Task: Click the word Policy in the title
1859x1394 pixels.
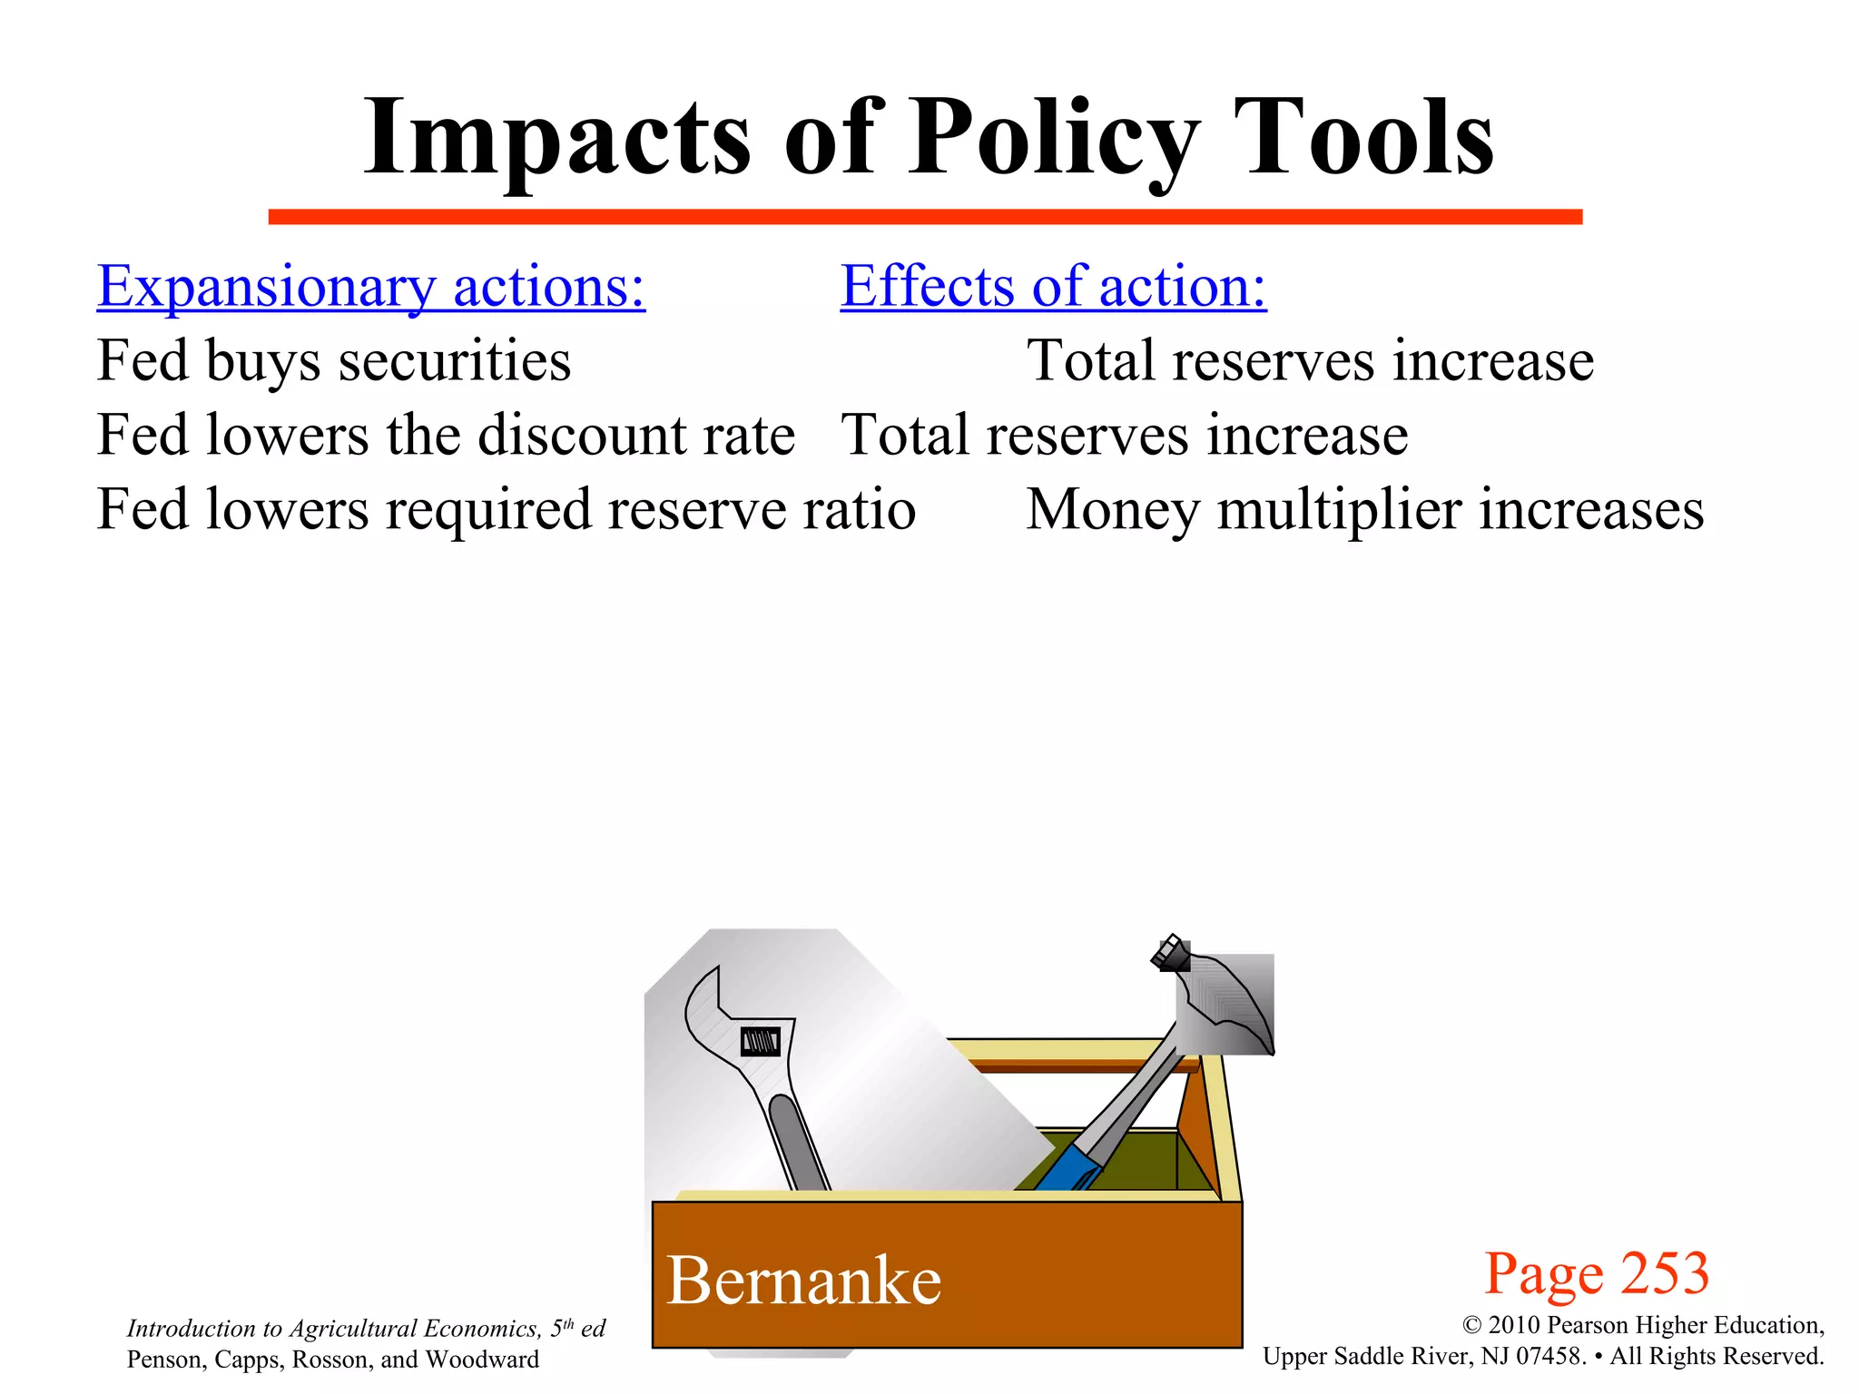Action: coord(1053,138)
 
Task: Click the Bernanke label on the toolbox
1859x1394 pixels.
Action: coord(803,1281)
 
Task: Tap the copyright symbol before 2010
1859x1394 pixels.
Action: coord(1472,1326)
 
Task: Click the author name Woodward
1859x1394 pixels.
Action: coord(482,1360)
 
